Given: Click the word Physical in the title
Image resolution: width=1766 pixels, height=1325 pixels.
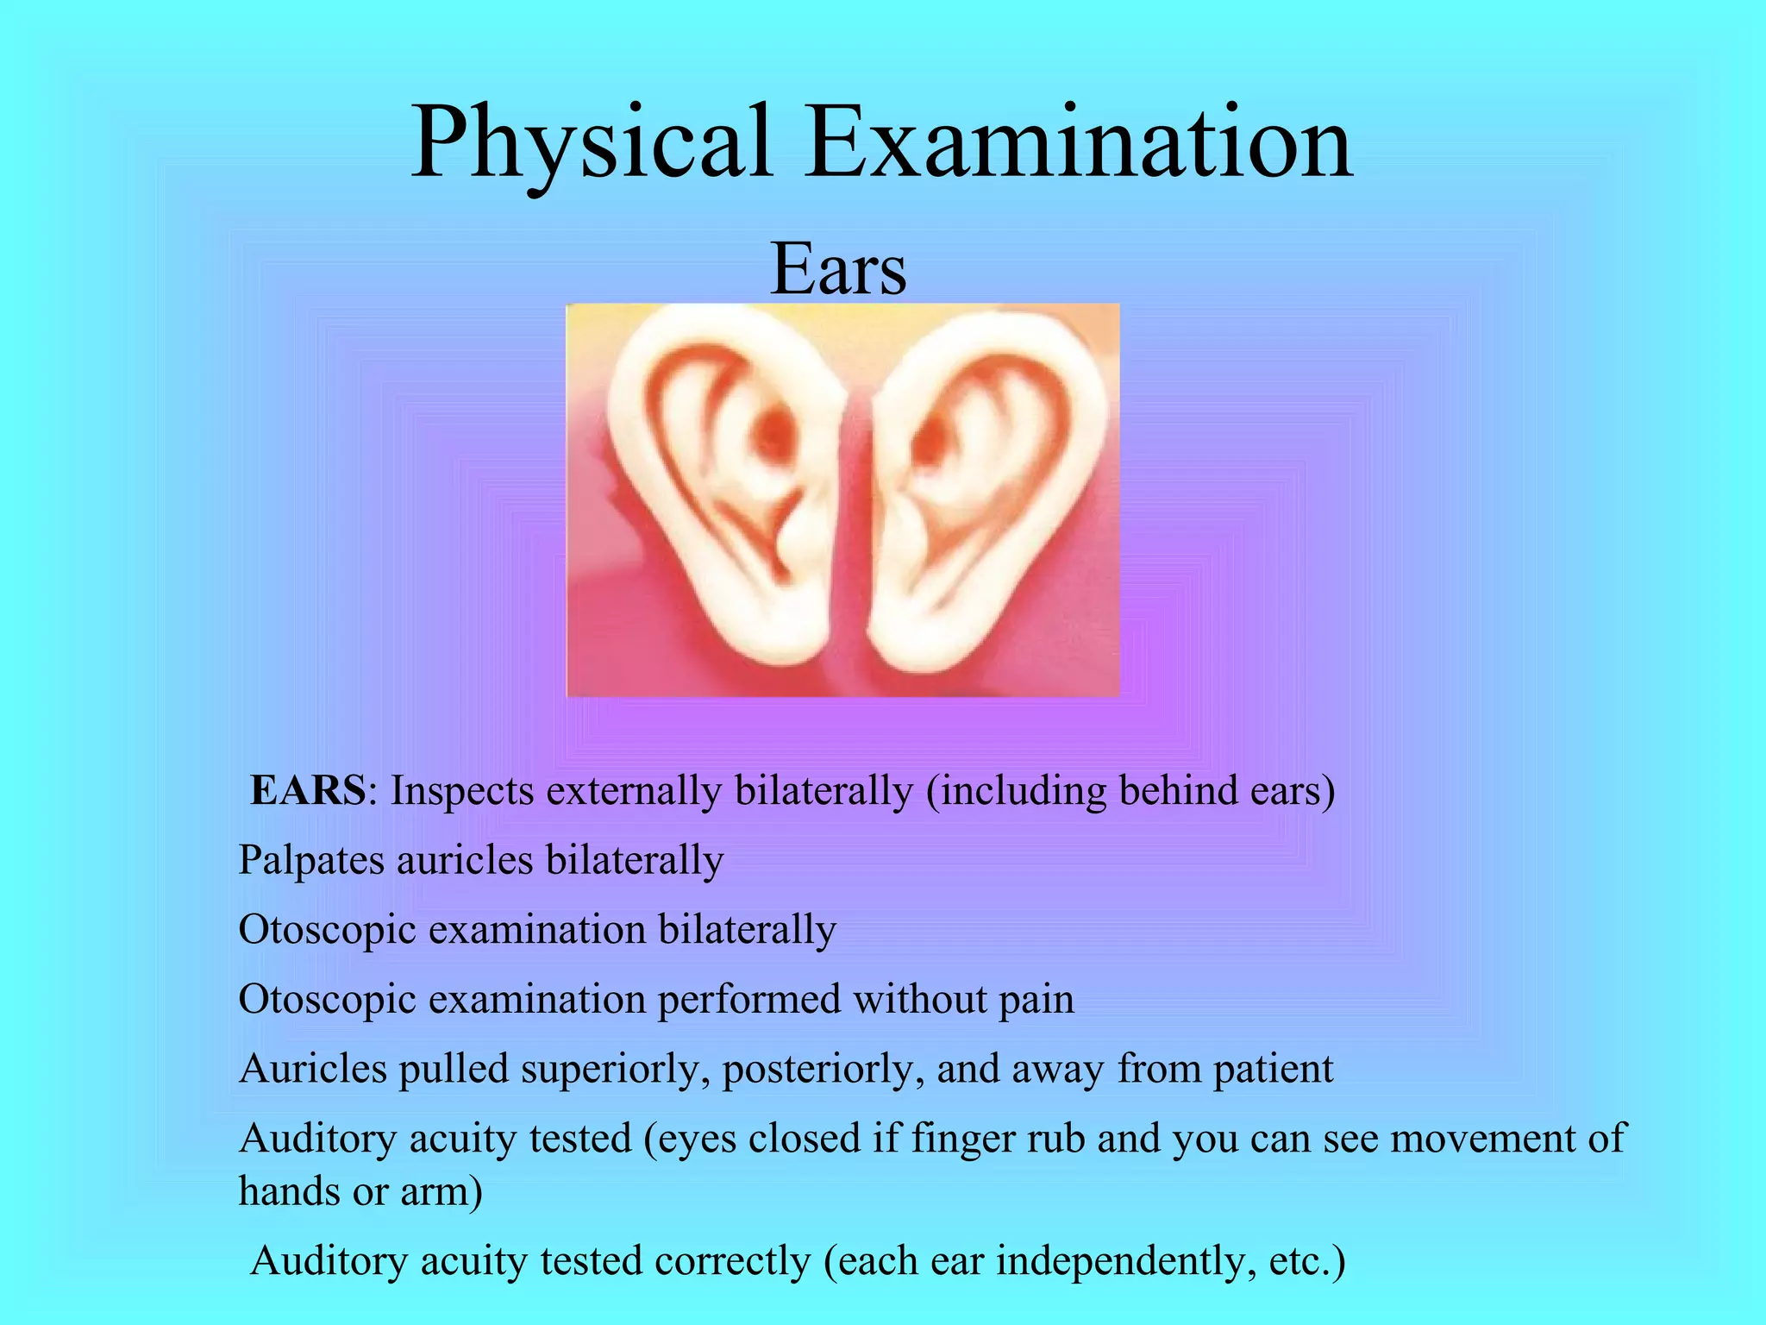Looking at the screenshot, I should tap(591, 142).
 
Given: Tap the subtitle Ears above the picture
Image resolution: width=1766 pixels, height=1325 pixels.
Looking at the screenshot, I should tap(837, 268).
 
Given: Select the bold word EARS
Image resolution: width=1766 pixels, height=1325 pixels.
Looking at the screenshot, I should tap(308, 790).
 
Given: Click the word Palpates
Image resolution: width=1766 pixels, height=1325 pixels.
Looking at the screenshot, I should tap(311, 861).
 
